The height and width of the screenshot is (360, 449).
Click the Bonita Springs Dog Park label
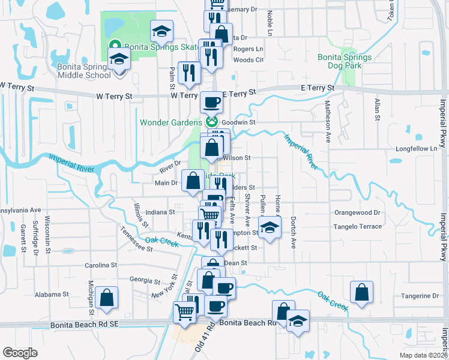click(345, 62)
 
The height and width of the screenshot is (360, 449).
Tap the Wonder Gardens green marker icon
click(211, 122)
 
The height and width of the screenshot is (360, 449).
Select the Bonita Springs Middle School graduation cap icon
click(119, 59)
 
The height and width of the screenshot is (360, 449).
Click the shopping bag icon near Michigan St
click(106, 297)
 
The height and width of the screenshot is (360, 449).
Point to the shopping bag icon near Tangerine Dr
click(363, 292)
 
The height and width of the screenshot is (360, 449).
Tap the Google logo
click(20, 352)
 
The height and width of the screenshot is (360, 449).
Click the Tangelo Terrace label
click(358, 226)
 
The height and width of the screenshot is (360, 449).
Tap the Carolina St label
click(100, 265)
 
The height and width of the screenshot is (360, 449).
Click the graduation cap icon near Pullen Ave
click(270, 227)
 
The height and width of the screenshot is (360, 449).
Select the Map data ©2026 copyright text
click(423, 355)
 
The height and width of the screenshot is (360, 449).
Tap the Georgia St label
click(140, 280)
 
